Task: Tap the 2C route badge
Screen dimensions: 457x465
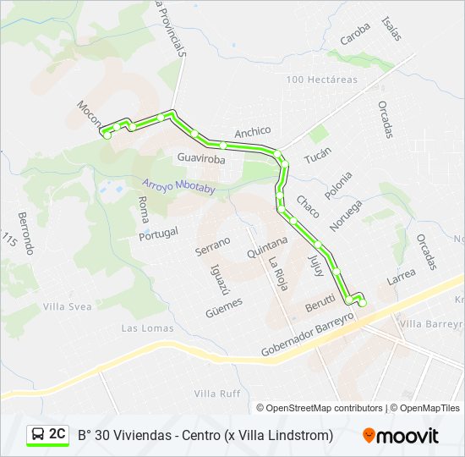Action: (48, 434)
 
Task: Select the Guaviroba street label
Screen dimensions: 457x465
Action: (201, 158)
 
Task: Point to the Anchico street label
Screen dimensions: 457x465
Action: (252, 131)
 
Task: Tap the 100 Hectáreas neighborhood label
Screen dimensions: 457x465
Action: (321, 80)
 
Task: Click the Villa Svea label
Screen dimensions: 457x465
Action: (67, 306)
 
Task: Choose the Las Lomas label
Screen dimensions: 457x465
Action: (141, 328)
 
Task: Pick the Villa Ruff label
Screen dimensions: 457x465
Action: (217, 394)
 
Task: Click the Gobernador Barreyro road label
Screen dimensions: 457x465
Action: (305, 338)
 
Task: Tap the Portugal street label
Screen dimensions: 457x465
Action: (159, 233)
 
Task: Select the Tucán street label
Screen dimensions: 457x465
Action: (317, 157)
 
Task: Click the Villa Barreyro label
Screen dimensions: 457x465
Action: (431, 323)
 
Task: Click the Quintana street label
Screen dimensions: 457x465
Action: (267, 247)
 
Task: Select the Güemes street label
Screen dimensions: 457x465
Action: (224, 306)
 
